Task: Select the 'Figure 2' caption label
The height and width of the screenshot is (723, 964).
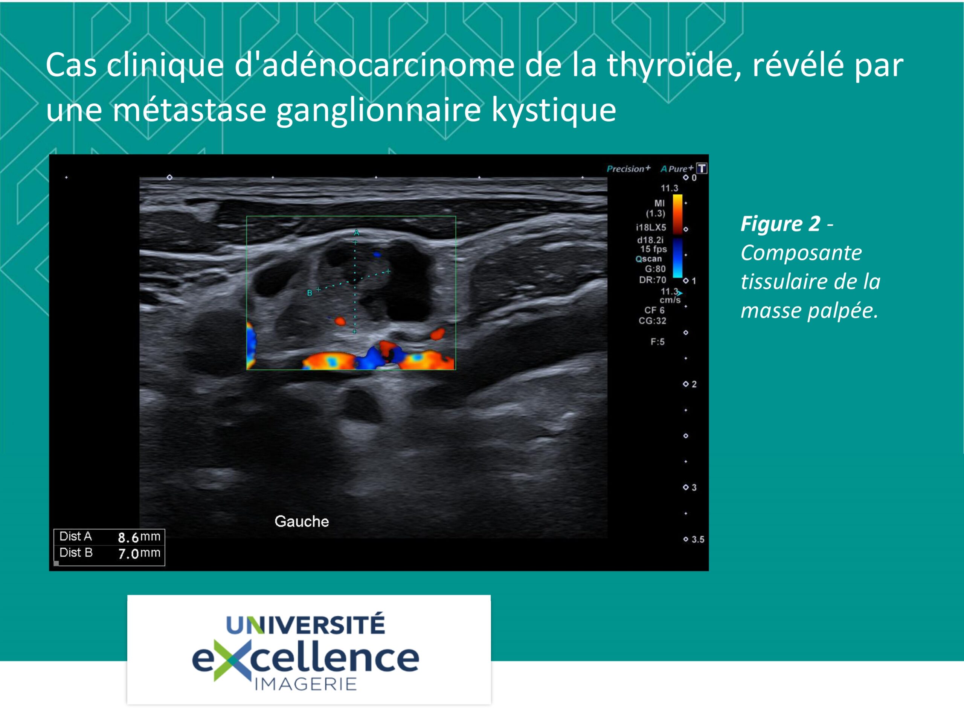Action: coord(781,224)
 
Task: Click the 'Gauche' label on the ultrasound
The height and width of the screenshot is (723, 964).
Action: coord(302,522)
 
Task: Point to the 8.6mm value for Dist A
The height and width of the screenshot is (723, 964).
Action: coord(139,537)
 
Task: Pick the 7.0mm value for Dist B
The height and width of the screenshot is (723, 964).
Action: coord(139,554)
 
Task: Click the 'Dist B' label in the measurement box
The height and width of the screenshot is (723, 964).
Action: coord(76,552)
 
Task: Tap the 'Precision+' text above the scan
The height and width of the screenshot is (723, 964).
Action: coord(628,169)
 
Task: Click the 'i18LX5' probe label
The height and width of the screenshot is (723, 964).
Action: coord(651,227)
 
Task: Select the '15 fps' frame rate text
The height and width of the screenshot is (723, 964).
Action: coord(653,249)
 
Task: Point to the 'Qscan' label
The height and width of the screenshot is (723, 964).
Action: coord(648,259)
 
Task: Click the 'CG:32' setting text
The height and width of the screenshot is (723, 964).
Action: coord(653,321)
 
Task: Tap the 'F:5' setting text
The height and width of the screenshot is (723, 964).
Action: coord(657,342)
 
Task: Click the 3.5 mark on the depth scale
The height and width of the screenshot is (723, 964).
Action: coord(698,540)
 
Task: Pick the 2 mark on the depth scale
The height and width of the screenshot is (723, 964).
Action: coord(694,384)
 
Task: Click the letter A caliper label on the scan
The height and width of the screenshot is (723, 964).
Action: coord(357,233)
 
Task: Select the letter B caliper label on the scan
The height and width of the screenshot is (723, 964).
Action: coord(310,293)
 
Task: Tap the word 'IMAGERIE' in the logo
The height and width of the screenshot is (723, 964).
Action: coord(305,684)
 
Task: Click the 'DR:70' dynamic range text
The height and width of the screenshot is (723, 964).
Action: coord(653,280)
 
